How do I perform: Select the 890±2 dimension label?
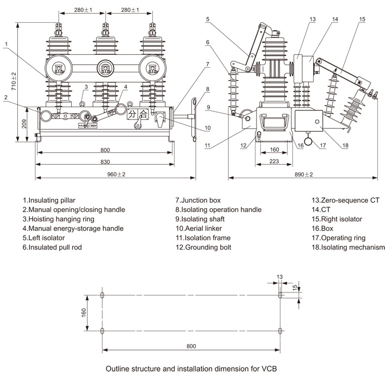point(303,174)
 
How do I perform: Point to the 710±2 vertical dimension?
point(14,81)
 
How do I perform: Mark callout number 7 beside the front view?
point(207,65)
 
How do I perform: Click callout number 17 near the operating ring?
point(322,145)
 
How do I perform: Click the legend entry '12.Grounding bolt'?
point(203,247)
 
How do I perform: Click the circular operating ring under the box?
point(309,142)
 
